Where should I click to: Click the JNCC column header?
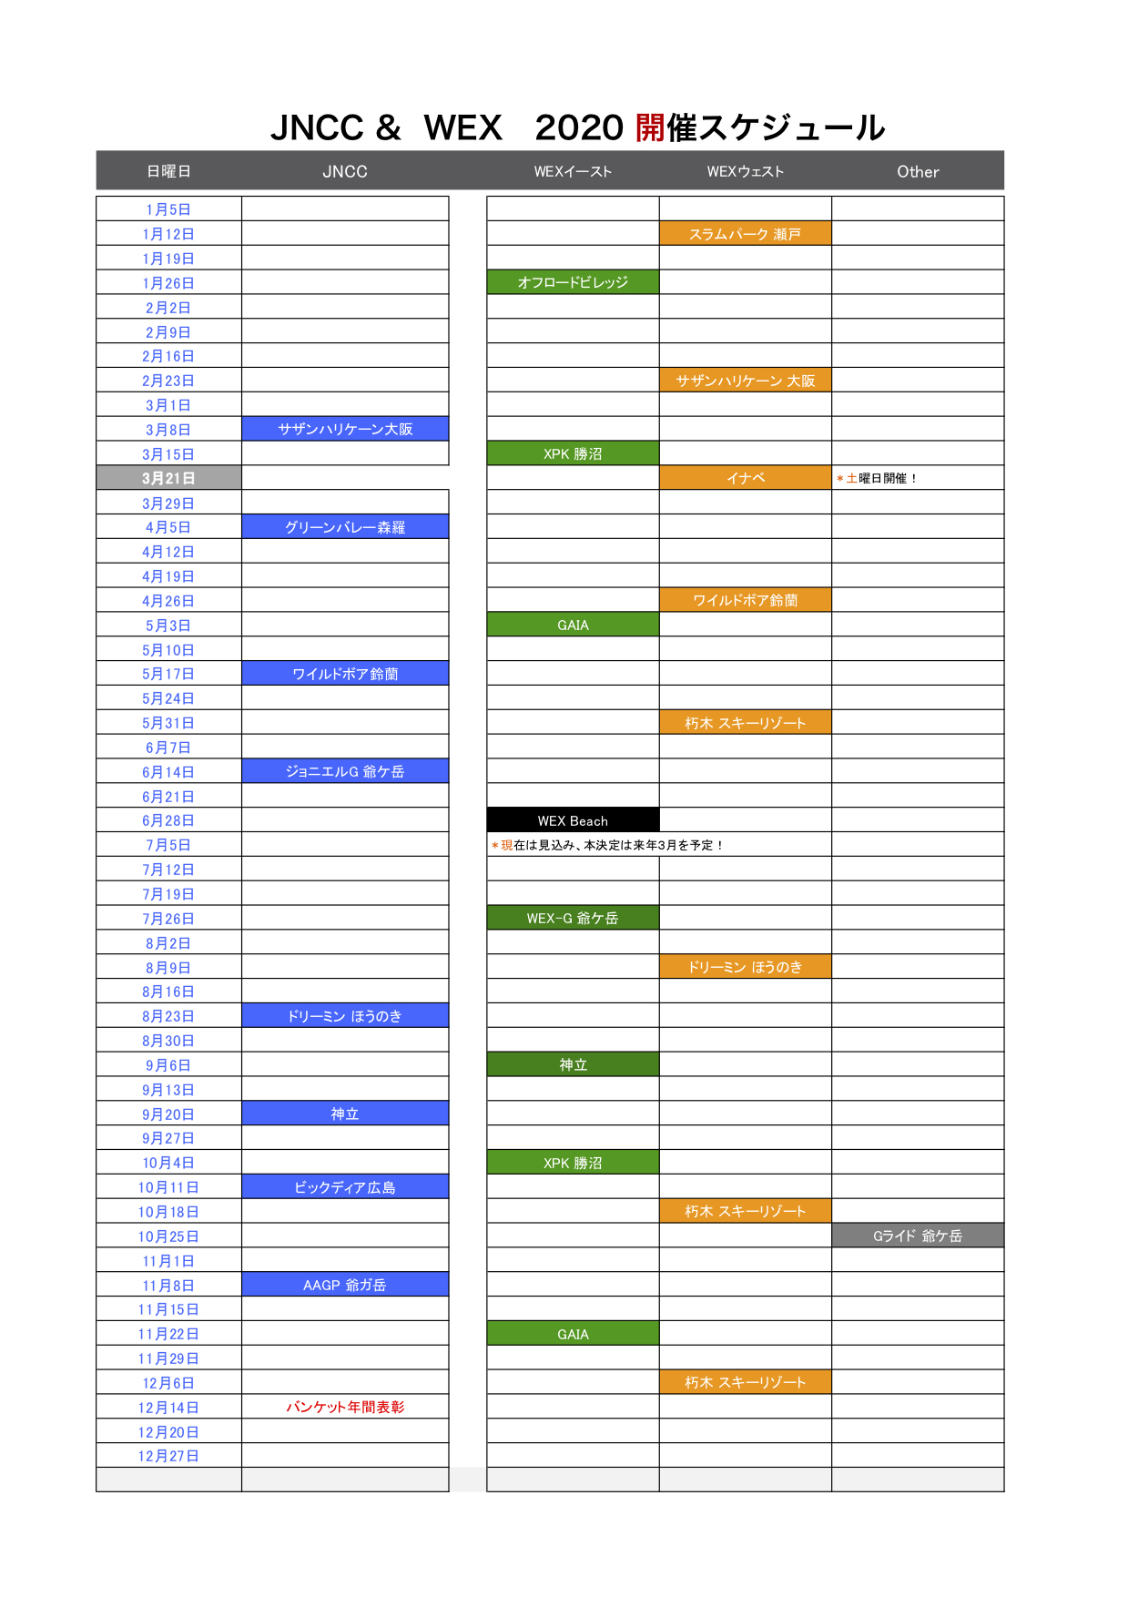point(345,171)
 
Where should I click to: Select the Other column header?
point(918,171)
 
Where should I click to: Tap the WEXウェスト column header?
point(745,171)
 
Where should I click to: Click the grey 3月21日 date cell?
point(168,478)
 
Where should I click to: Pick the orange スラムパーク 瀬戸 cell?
point(745,234)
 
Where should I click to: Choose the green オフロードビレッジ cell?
point(573,282)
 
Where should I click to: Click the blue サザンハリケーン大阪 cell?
point(345,429)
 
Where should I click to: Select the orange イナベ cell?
point(745,478)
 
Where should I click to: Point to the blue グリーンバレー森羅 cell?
point(345,527)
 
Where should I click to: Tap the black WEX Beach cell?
point(573,820)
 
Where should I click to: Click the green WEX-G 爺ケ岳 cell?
point(573,918)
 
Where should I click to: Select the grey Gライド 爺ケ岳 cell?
point(918,1236)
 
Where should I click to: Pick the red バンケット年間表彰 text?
point(345,1407)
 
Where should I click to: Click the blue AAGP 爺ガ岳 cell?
point(345,1285)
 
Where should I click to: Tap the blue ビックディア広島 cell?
point(345,1187)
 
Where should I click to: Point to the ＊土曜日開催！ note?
point(876,478)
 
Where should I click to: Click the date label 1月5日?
point(168,209)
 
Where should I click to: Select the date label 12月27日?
point(168,1456)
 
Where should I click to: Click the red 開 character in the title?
point(650,127)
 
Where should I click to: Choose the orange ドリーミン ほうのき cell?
point(745,967)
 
